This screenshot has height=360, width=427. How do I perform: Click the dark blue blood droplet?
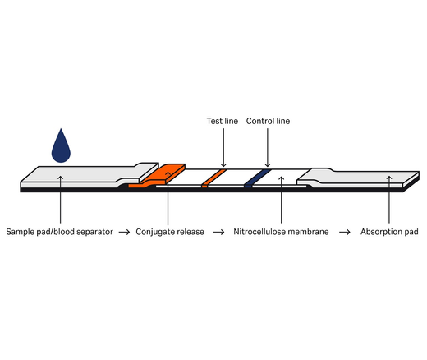(x=62, y=147)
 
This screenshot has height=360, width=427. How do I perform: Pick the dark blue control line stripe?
(x=256, y=177)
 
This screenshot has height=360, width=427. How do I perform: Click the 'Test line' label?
(x=222, y=121)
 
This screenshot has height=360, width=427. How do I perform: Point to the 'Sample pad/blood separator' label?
(x=58, y=232)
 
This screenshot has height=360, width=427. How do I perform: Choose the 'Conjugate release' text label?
(x=168, y=232)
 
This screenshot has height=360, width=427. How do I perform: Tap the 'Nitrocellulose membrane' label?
(x=282, y=232)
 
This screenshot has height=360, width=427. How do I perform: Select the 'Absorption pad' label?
(x=389, y=232)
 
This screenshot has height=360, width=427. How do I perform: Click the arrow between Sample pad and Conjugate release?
(x=124, y=232)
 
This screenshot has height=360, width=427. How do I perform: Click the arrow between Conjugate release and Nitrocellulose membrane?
(x=218, y=232)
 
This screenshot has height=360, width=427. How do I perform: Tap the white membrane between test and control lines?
(x=236, y=177)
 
